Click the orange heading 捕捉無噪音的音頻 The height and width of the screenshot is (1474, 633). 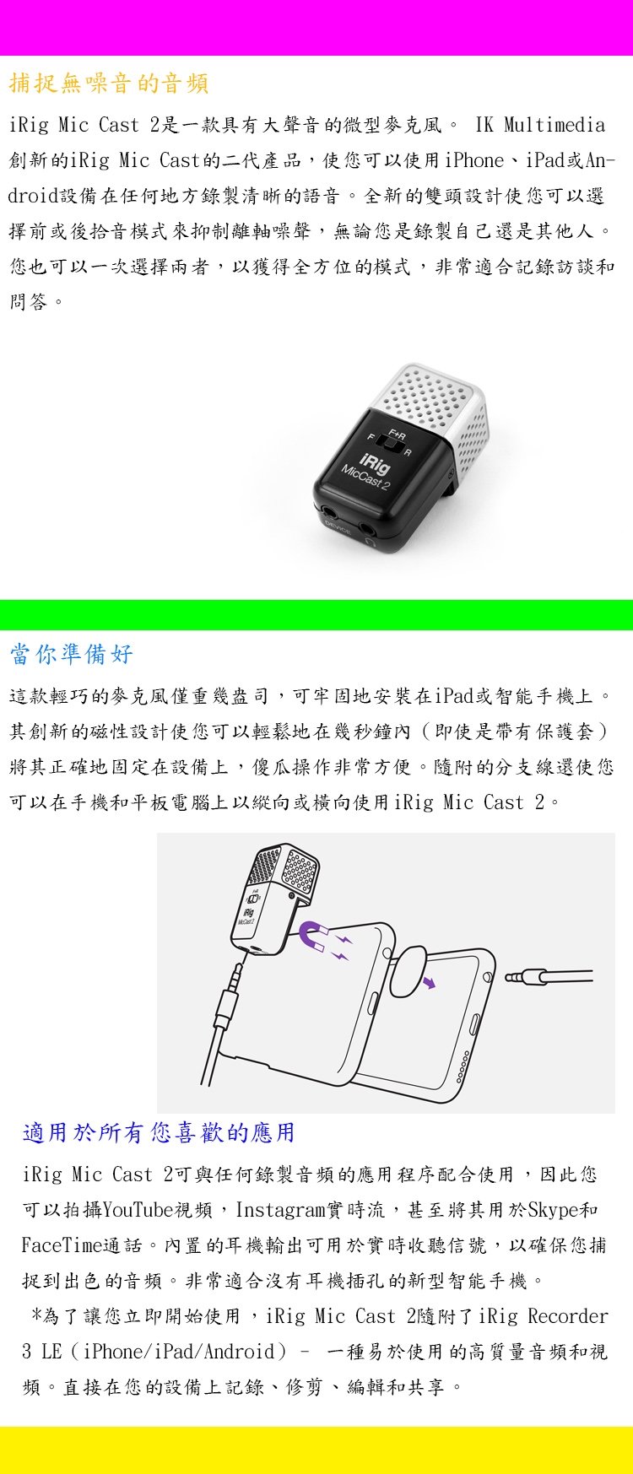(109, 84)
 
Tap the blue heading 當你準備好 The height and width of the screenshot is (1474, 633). (72, 654)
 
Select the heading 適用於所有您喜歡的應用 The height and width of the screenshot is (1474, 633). (159, 1132)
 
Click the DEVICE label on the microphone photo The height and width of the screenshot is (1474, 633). (338, 527)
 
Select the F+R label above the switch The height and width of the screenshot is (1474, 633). (398, 434)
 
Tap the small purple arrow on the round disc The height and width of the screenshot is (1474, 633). (430, 982)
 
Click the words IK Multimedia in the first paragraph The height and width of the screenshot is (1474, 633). (540, 126)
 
